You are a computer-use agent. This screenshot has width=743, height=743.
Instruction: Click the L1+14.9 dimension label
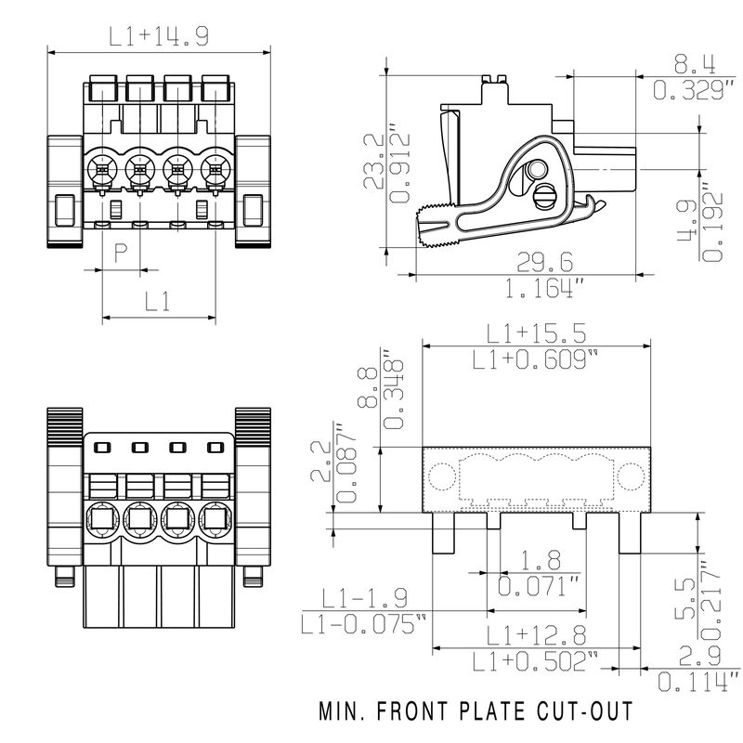tap(157, 37)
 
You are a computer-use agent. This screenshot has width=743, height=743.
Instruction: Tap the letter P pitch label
tap(121, 253)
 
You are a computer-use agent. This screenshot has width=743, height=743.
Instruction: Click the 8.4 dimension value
tap(694, 64)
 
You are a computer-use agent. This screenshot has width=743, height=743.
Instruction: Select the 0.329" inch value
tap(694, 90)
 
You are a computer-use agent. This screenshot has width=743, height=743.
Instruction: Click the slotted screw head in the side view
tap(546, 196)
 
